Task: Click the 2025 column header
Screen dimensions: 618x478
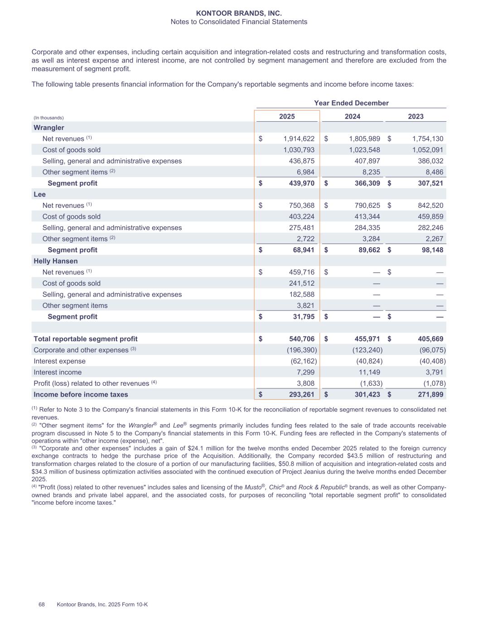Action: point(287,116)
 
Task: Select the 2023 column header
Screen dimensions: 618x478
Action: point(415,116)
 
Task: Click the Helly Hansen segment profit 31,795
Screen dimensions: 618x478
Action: point(302,317)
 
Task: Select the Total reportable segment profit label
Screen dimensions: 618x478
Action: point(86,339)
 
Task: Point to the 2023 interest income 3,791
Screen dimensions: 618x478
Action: point(434,373)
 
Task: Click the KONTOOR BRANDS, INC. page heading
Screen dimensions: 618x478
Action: point(239,14)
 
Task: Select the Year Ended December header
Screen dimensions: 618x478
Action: point(351,103)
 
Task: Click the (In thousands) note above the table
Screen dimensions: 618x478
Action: point(49,118)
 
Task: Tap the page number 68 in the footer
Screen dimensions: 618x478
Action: point(42,605)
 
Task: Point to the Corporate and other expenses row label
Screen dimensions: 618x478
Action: point(81,350)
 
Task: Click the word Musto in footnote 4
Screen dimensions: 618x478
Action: point(253,488)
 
